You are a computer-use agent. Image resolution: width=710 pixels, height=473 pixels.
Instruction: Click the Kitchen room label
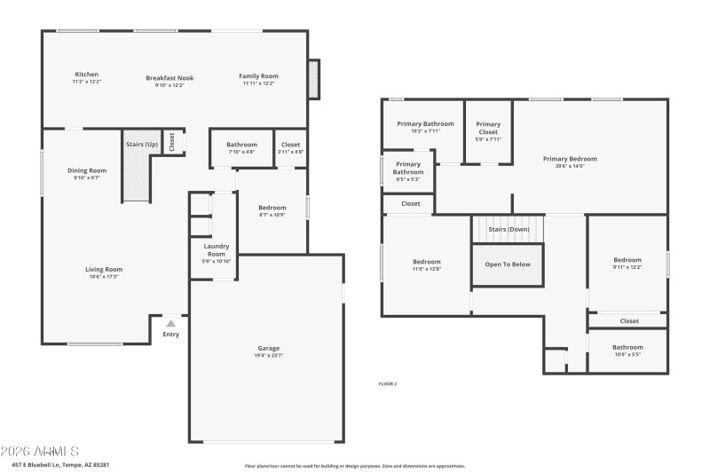[86, 75]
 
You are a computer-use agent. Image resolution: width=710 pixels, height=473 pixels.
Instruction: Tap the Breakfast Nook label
[169, 78]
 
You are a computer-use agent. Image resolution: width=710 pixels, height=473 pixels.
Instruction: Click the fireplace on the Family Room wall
[312, 81]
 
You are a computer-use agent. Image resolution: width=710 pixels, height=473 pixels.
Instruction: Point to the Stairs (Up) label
[141, 144]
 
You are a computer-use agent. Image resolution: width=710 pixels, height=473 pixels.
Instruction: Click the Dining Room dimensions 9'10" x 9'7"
[86, 177]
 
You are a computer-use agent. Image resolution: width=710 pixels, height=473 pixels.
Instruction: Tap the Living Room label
[104, 269]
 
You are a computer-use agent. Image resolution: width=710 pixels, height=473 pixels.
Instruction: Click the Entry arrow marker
[170, 324]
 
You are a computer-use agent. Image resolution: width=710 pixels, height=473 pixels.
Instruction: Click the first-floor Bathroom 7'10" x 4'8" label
[241, 145]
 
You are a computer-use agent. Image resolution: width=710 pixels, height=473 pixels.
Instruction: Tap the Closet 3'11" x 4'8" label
[290, 145]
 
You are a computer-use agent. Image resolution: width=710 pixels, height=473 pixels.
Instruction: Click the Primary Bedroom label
[570, 159]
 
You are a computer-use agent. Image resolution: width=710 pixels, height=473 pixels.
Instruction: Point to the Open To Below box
[508, 264]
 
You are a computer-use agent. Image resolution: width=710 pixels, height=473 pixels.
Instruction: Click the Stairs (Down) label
[509, 229]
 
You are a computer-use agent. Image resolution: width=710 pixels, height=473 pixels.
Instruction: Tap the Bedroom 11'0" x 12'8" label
[426, 262]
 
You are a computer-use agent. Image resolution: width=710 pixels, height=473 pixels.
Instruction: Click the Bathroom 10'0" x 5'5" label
[627, 347]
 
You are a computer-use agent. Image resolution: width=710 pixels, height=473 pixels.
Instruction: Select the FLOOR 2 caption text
[388, 383]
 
